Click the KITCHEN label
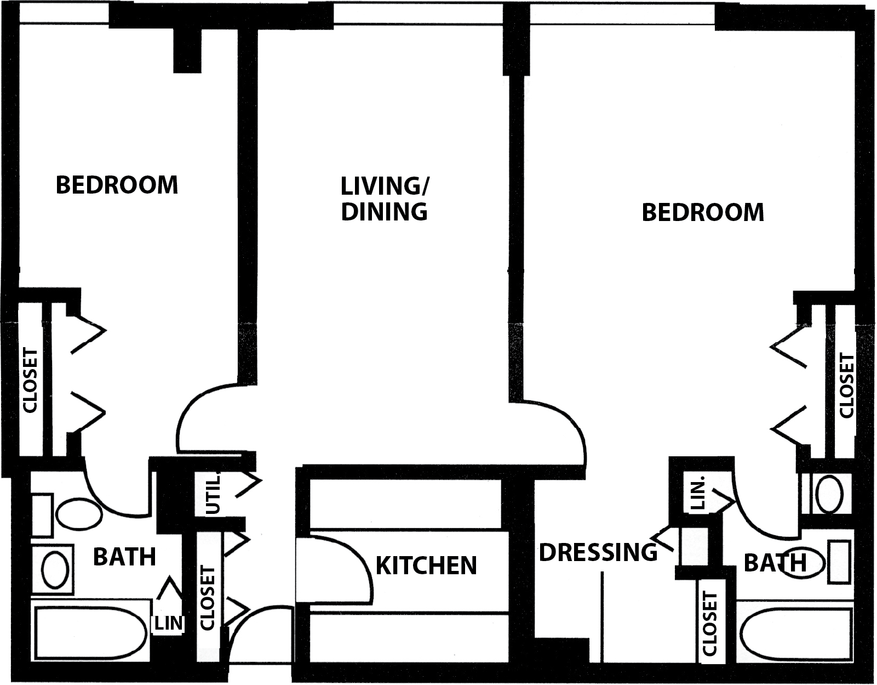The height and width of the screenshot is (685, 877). pos(426,565)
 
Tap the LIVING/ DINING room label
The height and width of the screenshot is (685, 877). pos(385,199)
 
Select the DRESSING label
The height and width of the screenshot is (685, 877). pos(598,552)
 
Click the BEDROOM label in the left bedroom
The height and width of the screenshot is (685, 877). pos(117,185)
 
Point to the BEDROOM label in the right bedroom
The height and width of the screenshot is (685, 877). pos(703,212)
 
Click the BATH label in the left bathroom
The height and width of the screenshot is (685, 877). pos(124,557)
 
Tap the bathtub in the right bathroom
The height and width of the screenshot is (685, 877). pos(794,633)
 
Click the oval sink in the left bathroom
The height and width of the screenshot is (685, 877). pos(55,570)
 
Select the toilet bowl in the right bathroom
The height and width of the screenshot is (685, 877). pos(829,494)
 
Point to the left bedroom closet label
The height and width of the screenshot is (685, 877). pos(30,380)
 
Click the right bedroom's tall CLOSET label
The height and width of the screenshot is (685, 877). pos(847,386)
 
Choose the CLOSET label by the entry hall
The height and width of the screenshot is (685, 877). pos(208,598)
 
